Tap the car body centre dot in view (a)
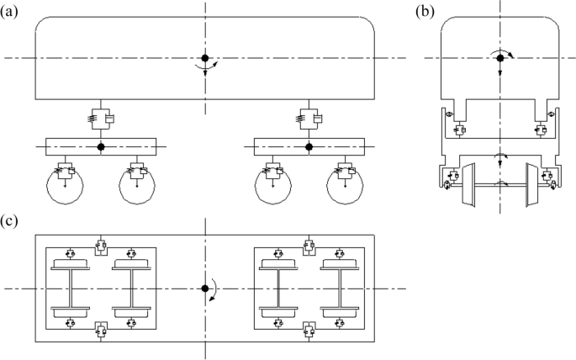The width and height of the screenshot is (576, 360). coord(204,58)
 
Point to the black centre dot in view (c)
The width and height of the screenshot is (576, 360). coord(204,289)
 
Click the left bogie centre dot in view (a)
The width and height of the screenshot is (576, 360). coord(101,147)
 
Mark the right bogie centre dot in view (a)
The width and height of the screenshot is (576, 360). coord(309,147)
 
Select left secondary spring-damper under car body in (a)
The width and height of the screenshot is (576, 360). coord(101,119)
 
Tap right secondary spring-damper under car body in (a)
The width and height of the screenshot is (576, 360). coord(309,119)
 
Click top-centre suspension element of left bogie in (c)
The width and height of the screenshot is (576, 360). coord(100,246)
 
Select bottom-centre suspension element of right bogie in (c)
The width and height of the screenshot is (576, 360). coord(309,330)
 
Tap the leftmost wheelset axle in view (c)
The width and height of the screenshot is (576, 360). coord(70,289)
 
